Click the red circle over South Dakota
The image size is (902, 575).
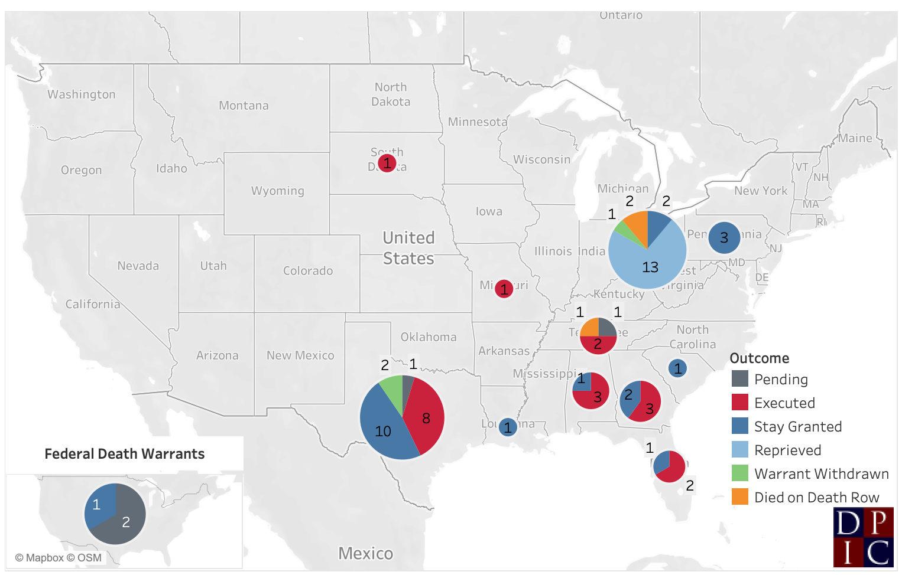click(x=387, y=162)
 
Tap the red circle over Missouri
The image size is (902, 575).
click(x=504, y=289)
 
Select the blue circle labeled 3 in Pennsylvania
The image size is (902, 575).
click(x=724, y=238)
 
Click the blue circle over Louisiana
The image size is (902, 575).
click(x=508, y=427)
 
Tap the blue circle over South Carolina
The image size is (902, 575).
click(x=677, y=368)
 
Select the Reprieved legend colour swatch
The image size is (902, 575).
click(x=740, y=450)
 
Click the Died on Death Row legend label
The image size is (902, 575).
click(x=816, y=498)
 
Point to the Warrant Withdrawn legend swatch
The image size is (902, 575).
click(x=740, y=473)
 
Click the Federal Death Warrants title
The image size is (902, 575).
click(x=125, y=454)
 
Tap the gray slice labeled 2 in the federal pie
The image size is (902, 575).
click(x=124, y=522)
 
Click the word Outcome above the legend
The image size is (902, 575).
click(x=760, y=358)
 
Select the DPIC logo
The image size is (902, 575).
click(x=863, y=537)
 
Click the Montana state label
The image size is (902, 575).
click(x=244, y=106)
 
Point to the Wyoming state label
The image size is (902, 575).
click(x=277, y=191)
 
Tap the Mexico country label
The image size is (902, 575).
click(x=365, y=554)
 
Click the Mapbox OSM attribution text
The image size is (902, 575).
click(x=59, y=558)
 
